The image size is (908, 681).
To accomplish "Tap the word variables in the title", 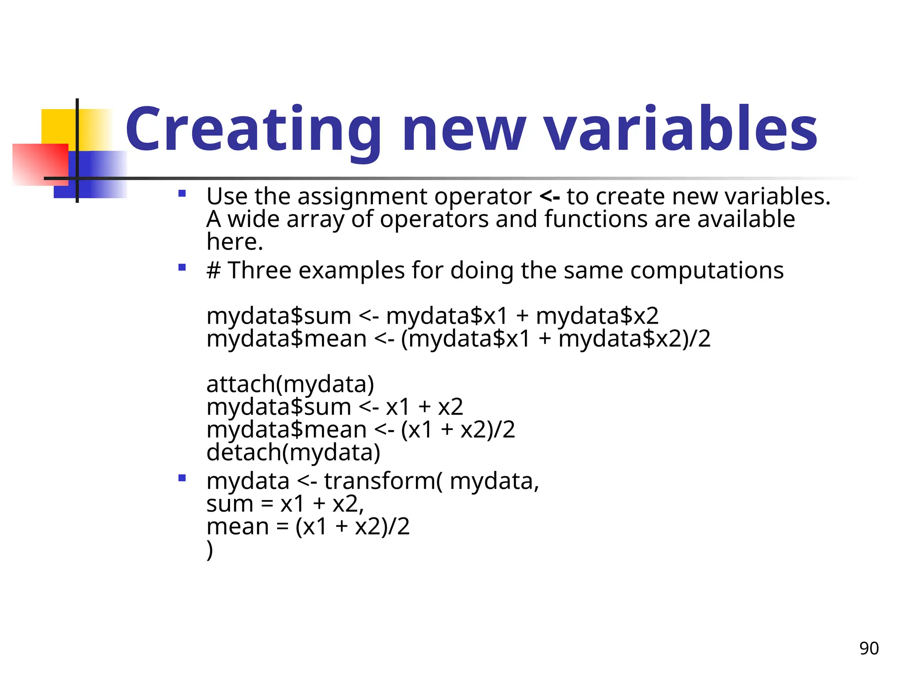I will tap(681, 129).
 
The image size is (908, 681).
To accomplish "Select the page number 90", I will tap(869, 648).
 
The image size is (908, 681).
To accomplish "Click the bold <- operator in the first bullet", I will tap(550, 196).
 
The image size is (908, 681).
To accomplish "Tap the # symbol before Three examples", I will tap(214, 270).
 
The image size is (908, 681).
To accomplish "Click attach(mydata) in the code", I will tap(290, 384).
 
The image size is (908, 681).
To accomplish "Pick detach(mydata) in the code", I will tap(294, 452).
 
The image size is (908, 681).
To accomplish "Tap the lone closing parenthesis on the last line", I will tap(210, 550).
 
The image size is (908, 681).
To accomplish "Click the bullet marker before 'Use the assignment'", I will tap(182, 193).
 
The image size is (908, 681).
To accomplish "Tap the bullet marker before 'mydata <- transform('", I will tap(182, 478).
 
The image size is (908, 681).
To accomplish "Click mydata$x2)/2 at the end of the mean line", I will tap(634, 339).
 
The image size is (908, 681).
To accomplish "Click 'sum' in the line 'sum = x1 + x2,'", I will tap(229, 504).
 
